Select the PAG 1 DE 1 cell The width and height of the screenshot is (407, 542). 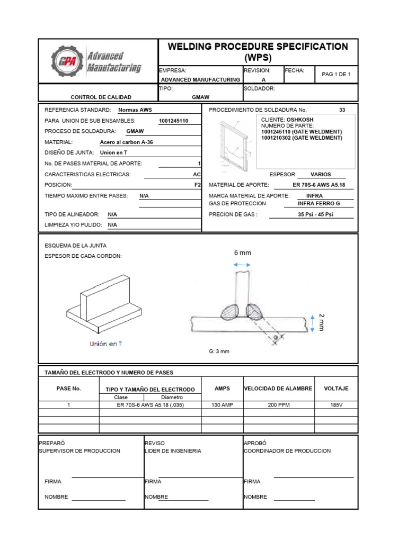pyautogui.click(x=337, y=75)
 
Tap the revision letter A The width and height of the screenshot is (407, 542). pyautogui.click(x=263, y=79)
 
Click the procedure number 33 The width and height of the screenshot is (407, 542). pyautogui.click(x=342, y=110)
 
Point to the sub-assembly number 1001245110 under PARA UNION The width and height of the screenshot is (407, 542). pyautogui.click(x=173, y=121)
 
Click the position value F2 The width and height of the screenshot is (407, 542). pyautogui.click(x=198, y=185)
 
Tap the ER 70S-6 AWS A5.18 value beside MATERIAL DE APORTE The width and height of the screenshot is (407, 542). pyautogui.click(x=316, y=185)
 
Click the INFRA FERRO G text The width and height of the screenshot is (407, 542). pyautogui.click(x=318, y=203)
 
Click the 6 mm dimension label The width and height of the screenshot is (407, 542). pyautogui.click(x=242, y=253)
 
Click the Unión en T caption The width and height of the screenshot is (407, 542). pyautogui.click(x=105, y=344)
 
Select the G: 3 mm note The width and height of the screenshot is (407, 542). pyautogui.click(x=219, y=351)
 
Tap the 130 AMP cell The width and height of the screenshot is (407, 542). pyautogui.click(x=222, y=405)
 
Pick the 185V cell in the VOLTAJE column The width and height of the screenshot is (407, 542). pyautogui.click(x=336, y=405)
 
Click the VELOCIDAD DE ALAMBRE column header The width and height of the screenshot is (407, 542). pyautogui.click(x=278, y=389)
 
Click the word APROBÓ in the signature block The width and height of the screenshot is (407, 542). pyautogui.click(x=255, y=442)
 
